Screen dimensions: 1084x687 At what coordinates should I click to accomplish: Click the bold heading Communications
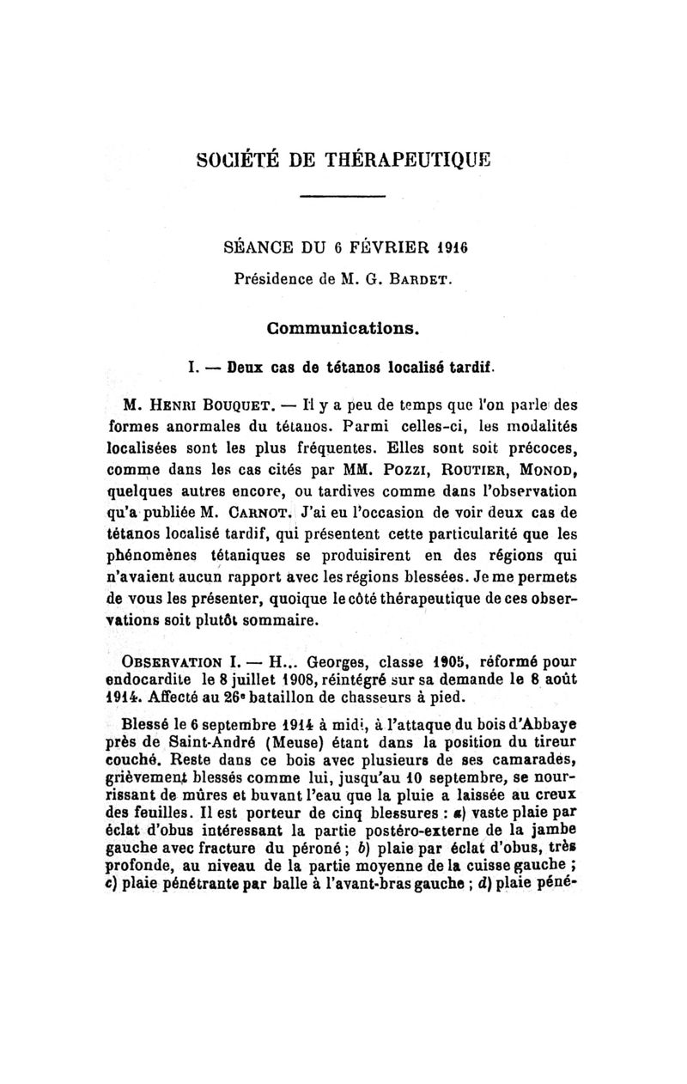pyautogui.click(x=343, y=328)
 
